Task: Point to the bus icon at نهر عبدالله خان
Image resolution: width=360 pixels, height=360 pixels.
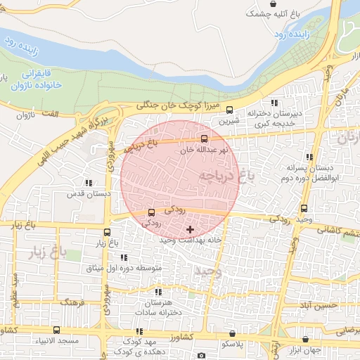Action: click(205, 139)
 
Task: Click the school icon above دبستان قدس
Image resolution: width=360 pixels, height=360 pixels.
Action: click(88, 182)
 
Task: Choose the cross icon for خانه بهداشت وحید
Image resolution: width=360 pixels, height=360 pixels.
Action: click(190, 229)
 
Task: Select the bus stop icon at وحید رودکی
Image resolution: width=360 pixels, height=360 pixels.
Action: click(304, 208)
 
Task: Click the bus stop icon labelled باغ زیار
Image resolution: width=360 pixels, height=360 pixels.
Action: click(107, 232)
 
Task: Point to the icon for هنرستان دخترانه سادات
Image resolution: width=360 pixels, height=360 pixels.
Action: click(159, 292)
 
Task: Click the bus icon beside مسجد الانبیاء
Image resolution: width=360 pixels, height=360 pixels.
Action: click(56, 330)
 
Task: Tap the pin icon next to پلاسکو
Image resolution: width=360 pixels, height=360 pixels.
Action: click(231, 335)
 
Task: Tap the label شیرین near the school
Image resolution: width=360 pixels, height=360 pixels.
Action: click(229, 120)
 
